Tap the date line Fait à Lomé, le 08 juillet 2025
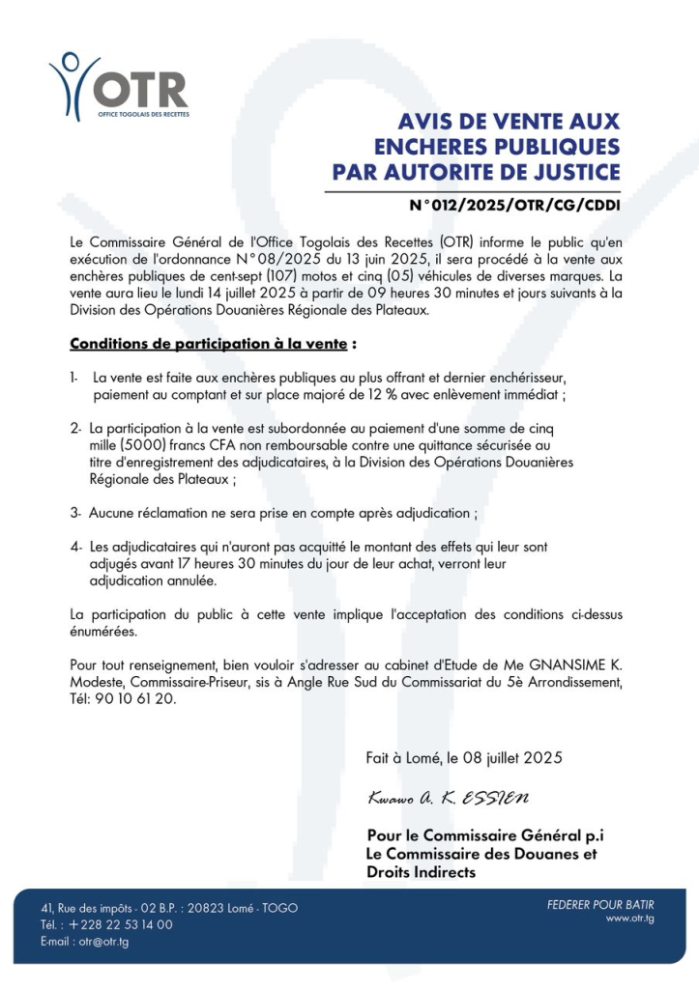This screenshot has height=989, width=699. point(464,758)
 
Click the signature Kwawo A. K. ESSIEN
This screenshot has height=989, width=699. point(448,800)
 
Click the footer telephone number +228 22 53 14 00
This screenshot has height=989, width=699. point(121,924)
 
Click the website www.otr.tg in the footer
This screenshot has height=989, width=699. point(630,918)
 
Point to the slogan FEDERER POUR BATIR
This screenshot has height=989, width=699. point(600,905)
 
